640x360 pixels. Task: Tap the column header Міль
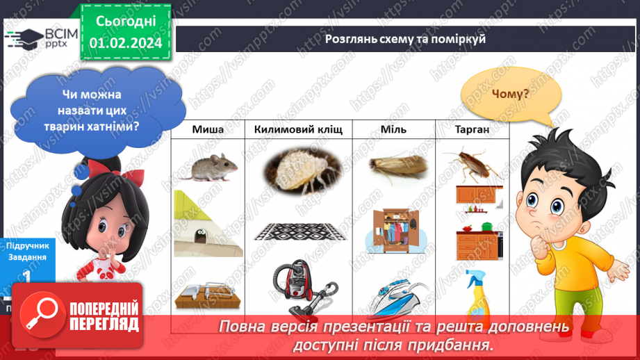coord(393,129)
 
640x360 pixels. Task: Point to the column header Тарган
coord(472,129)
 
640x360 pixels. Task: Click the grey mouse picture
coord(207,166)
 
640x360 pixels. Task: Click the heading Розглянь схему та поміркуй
coord(405,38)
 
